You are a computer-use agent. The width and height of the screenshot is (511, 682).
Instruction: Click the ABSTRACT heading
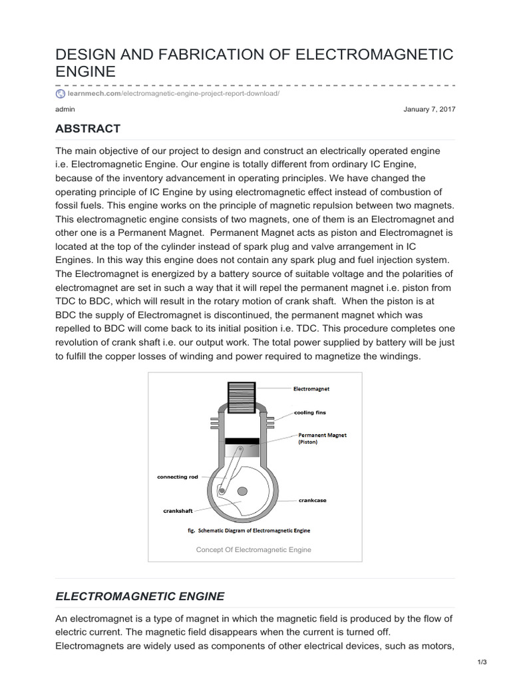pyautogui.click(x=88, y=129)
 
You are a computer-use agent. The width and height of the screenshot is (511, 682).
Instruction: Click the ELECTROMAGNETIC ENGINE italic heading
pyautogui.click(x=140, y=596)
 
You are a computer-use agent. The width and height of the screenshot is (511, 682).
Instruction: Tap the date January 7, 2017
pyautogui.click(x=429, y=109)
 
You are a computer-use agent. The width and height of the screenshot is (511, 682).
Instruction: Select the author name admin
pyautogui.click(x=65, y=109)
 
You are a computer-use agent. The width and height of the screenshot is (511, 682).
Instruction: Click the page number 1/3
pyautogui.click(x=482, y=661)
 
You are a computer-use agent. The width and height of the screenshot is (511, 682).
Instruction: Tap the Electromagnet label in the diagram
pyautogui.click(x=311, y=388)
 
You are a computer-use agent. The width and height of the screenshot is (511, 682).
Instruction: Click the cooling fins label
pyautogui.click(x=310, y=413)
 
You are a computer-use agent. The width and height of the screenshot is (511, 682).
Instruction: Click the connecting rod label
pyautogui.click(x=177, y=477)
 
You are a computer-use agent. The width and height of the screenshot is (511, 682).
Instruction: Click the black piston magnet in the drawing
pyautogui.click(x=242, y=441)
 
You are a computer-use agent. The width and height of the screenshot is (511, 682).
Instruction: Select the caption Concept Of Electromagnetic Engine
pyautogui.click(x=254, y=550)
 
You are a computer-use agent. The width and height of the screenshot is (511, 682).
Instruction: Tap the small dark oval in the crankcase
pyautogui.click(x=243, y=492)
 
